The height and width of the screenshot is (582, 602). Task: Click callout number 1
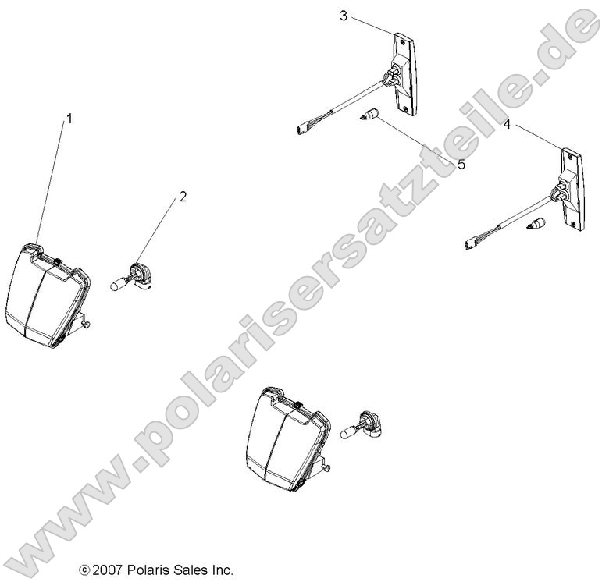point(69,119)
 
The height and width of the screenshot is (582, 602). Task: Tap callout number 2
point(183,197)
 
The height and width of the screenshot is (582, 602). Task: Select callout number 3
point(344,16)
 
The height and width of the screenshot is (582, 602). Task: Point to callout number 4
point(507,124)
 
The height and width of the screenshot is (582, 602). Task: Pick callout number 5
point(461,165)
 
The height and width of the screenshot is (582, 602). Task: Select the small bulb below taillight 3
point(368,117)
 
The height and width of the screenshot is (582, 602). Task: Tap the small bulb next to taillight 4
point(535,227)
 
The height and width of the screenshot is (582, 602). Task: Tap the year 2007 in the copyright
point(107,570)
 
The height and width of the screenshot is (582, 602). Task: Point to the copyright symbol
point(84,571)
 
